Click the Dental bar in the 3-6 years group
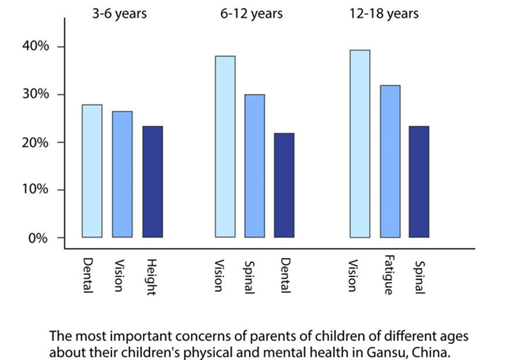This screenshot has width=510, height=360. point(92,171)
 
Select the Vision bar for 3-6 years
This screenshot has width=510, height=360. point(122,174)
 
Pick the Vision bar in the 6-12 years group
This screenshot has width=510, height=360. point(224,146)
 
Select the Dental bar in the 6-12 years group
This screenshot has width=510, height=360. point(285,185)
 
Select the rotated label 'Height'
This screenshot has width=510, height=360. point(152,274)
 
